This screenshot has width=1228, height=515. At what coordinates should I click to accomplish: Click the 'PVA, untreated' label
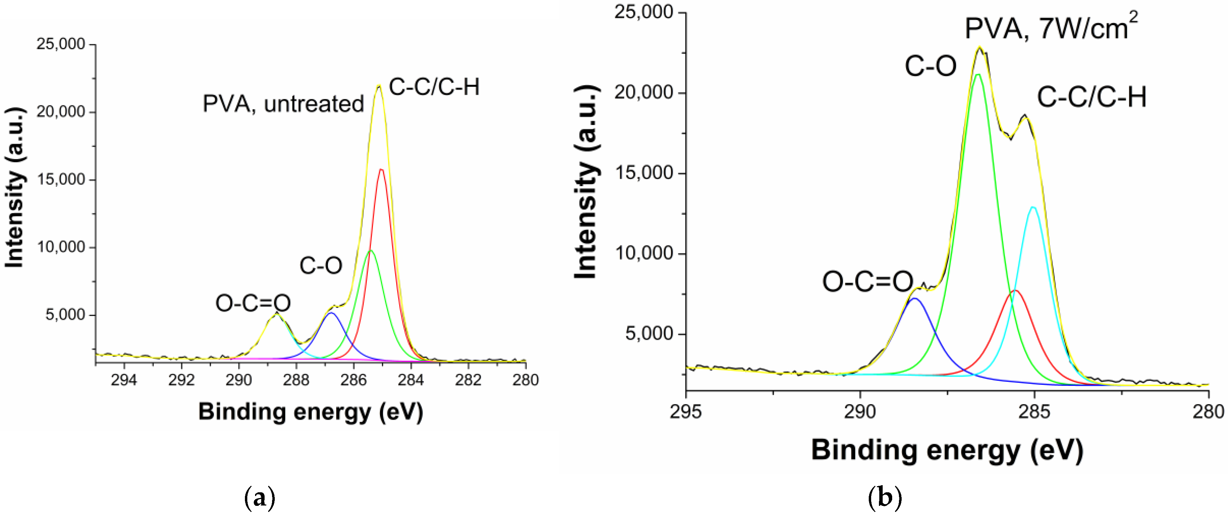(283, 104)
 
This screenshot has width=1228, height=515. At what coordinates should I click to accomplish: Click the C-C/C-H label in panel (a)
(434, 87)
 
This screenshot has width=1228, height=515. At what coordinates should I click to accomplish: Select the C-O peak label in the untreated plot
(321, 266)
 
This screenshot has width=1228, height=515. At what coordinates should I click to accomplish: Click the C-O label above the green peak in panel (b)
(930, 66)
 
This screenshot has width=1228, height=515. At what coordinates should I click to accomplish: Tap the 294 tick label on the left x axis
(124, 380)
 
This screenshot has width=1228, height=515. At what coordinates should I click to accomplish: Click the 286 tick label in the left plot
(353, 380)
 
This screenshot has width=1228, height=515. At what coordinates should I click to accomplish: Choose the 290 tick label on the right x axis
(860, 412)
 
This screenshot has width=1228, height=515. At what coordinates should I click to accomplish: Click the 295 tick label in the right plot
(686, 412)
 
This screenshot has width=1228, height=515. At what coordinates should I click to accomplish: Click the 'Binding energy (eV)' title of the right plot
(947, 450)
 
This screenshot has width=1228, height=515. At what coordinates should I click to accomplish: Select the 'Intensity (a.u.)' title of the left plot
(14, 188)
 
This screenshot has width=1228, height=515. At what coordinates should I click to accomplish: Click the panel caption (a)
(260, 498)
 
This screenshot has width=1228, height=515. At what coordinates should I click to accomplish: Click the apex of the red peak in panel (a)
(381, 170)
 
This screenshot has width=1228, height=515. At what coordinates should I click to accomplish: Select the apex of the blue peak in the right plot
(914, 299)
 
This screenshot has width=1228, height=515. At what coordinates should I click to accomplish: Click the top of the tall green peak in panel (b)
(978, 75)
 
